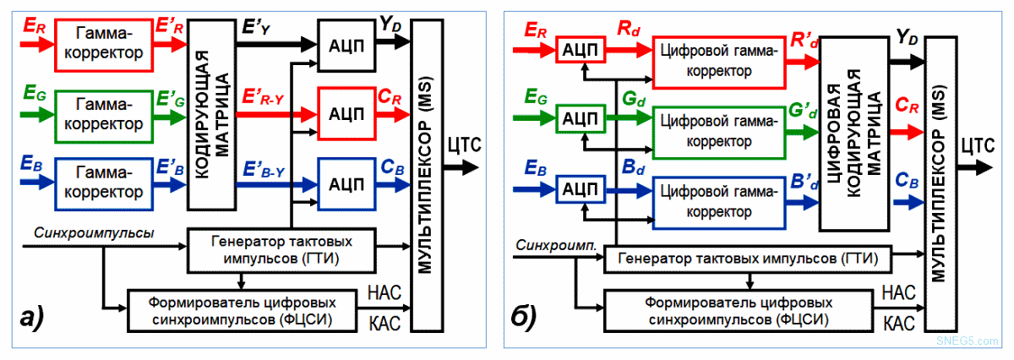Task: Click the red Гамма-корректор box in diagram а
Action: (103, 45)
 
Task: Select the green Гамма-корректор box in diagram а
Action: (103, 117)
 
